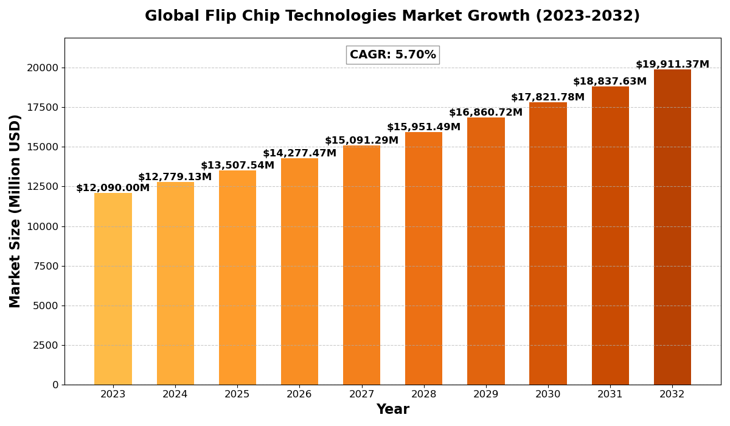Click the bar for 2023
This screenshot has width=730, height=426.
(113, 288)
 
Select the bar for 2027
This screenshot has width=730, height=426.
(361, 265)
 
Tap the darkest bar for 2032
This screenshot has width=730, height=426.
(672, 227)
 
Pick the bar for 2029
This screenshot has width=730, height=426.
(486, 251)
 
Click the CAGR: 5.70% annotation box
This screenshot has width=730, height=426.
(392, 55)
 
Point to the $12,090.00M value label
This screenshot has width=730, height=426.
(113, 188)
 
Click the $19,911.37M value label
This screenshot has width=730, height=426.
(672, 65)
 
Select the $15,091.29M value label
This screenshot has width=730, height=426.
(361, 141)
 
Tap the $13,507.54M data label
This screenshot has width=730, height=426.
(237, 166)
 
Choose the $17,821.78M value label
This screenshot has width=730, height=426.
(547, 97)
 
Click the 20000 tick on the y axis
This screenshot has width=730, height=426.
(43, 68)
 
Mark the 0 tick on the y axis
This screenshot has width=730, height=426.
(55, 385)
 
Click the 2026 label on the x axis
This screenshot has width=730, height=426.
(299, 394)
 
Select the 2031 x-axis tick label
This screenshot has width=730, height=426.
(610, 394)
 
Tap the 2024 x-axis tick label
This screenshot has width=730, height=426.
(175, 394)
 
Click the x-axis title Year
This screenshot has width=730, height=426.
(392, 410)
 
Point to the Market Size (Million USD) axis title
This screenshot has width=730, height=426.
(15, 211)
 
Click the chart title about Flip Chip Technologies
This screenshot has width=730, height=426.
(392, 16)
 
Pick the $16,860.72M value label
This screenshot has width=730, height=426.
(485, 113)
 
